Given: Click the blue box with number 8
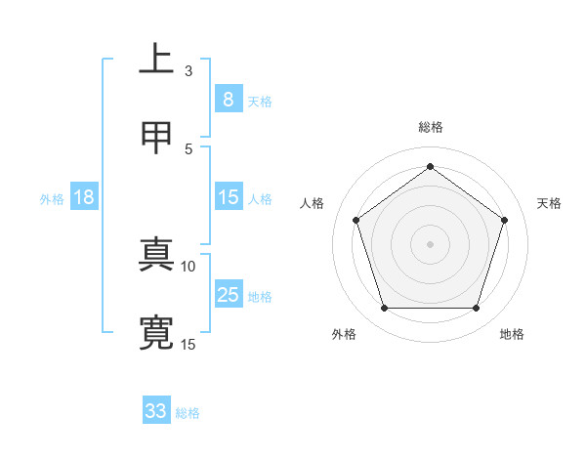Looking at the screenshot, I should point(228,99).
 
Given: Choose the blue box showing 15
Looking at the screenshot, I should point(228,197).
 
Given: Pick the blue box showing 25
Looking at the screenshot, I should point(228,295).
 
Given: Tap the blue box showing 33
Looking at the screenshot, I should point(155,411).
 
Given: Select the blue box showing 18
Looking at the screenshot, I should point(84,197).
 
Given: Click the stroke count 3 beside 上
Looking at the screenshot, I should point(188,70).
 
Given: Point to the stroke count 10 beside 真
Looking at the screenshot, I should point(188,266).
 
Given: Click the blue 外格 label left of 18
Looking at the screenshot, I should point(52,199).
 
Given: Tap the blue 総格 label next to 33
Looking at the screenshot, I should point(188,413).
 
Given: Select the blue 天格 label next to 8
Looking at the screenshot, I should point(260,101).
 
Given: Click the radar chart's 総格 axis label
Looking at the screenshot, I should point(431,127).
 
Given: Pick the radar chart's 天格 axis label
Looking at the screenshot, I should point(550,203).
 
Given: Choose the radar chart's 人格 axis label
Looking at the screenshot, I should point(312,203).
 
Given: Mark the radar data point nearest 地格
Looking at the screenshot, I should point(476,309).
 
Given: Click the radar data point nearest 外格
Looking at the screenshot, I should point(384,309).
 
